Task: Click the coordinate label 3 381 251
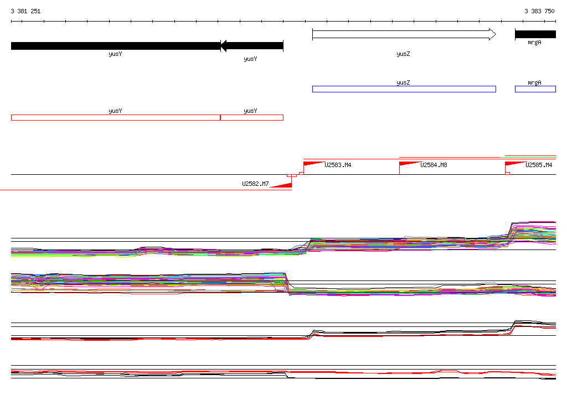25,11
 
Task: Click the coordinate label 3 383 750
539,11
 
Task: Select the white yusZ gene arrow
404,34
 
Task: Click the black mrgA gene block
535,34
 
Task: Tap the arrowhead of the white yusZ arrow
492,34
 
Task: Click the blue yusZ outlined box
404,89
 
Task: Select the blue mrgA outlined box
535,89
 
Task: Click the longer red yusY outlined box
116,117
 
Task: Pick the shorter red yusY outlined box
252,117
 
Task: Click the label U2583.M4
338,165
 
